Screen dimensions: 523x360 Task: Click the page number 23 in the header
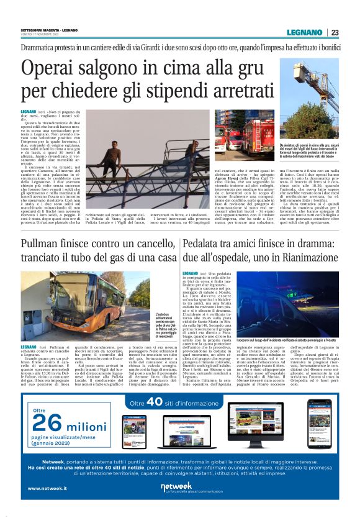coord(335,32)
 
